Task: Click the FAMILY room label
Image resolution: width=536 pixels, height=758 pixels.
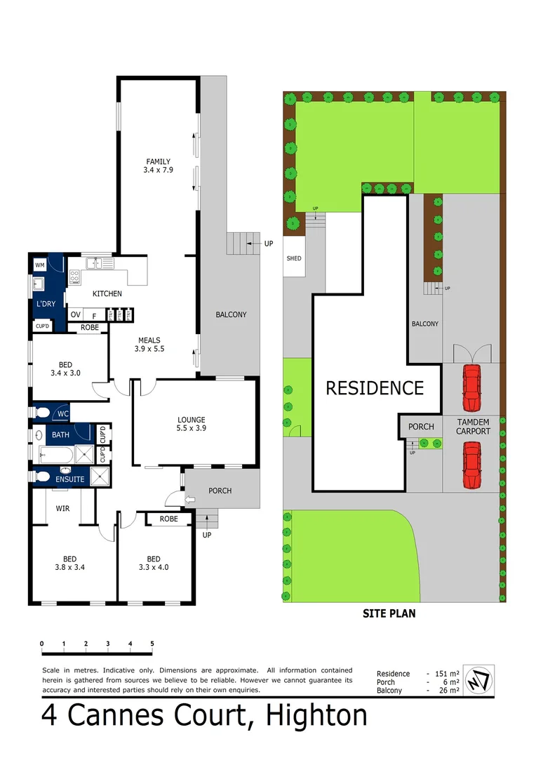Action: pos(158,161)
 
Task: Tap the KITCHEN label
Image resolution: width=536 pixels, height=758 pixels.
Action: pos(107,293)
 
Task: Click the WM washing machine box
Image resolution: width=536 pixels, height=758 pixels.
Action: pos(39,265)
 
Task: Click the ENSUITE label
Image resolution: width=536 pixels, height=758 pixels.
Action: pos(70,479)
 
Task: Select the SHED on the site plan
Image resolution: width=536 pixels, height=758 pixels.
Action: pos(294,258)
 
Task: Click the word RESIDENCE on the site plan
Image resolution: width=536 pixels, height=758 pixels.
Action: pos(375,388)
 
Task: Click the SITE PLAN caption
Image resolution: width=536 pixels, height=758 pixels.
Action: pos(389,613)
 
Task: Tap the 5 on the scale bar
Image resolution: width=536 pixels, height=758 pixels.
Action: pos(152,644)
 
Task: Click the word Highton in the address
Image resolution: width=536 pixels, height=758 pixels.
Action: pos(308,715)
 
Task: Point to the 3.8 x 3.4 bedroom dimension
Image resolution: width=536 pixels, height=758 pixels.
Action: pos(69,567)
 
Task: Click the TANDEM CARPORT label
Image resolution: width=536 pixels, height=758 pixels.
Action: pos(474,426)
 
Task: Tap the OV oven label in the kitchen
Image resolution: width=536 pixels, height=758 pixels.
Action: pos(76,314)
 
